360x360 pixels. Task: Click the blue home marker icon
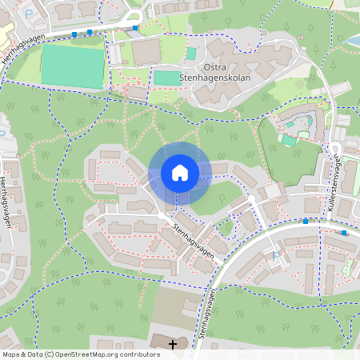(x=180, y=173)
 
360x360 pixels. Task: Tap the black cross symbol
(x=173, y=344)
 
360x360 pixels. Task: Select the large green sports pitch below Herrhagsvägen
(x=72, y=66)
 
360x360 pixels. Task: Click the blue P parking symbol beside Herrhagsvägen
(x=30, y=13)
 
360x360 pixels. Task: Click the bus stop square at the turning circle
(x=135, y=27)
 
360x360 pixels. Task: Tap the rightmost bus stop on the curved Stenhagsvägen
(x=344, y=232)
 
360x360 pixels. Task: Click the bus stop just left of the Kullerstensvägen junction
(x=306, y=221)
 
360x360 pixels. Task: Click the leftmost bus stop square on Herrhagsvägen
(x=74, y=34)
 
